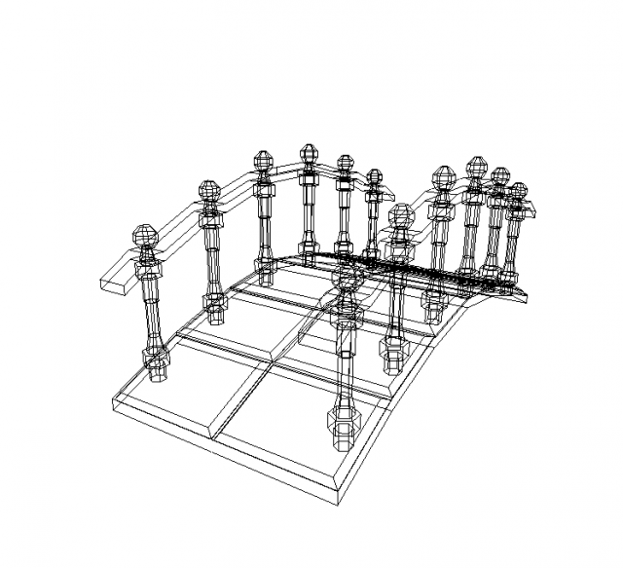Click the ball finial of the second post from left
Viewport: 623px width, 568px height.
tap(209, 190)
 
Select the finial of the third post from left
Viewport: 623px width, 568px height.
tap(263, 161)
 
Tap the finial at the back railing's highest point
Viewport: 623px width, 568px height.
tap(310, 154)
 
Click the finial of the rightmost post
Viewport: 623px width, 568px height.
tap(518, 191)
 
